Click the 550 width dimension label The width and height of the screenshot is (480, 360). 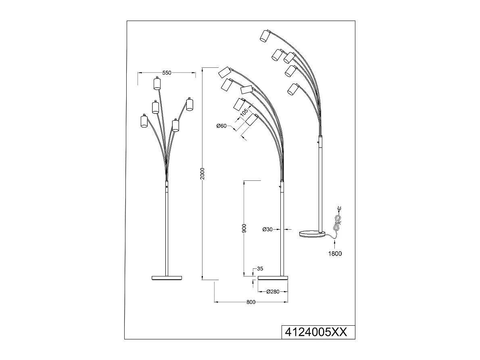pyautogui.click(x=167, y=73)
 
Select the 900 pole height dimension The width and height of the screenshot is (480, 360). pyautogui.click(x=244, y=228)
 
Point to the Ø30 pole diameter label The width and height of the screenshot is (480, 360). pyautogui.click(x=267, y=229)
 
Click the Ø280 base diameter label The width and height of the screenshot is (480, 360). pyautogui.click(x=273, y=292)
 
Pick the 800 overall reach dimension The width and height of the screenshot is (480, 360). pyautogui.click(x=251, y=302)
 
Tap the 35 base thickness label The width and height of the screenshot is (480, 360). pyautogui.click(x=260, y=269)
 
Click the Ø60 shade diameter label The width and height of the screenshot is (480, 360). pyautogui.click(x=221, y=126)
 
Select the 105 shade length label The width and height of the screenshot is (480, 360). pyautogui.click(x=244, y=113)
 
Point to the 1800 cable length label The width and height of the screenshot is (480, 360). pyautogui.click(x=335, y=254)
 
